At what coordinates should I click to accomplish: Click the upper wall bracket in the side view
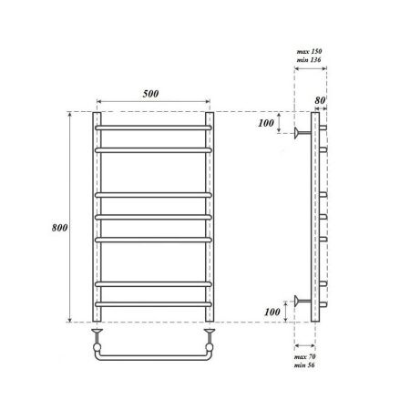tap(299, 133)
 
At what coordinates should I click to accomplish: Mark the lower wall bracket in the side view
tap(299, 301)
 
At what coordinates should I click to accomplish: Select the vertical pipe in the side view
tap(315, 219)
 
